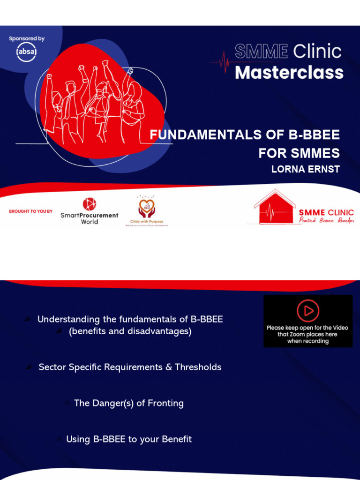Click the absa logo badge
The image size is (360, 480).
(26, 52)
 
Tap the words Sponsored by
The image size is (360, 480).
(27, 38)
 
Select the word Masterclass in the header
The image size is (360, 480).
(289, 73)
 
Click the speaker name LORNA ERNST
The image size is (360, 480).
(305, 170)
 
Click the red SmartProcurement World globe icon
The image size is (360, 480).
(89, 204)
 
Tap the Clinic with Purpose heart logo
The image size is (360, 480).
(146, 207)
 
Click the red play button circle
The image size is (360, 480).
(308, 310)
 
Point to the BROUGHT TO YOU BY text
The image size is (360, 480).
(31, 211)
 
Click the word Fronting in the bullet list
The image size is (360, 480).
(165, 403)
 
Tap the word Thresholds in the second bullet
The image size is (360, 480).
(198, 367)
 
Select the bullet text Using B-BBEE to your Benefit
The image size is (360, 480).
(129, 439)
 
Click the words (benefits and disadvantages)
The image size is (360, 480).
(130, 331)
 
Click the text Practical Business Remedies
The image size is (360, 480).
(326, 221)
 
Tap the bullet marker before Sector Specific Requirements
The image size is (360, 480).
(30, 367)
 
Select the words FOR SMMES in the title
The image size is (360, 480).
(299, 153)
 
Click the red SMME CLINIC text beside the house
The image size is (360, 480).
(326, 212)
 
